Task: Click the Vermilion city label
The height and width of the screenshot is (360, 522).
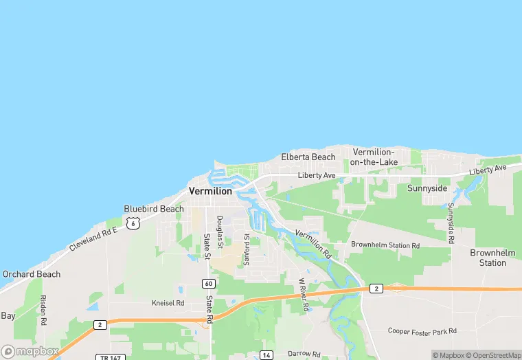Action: pos(210,191)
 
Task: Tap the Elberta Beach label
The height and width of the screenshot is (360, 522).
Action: pos(308,157)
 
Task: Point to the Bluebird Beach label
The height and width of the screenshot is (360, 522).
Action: pos(154,209)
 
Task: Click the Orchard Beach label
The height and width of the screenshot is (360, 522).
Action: pos(31,274)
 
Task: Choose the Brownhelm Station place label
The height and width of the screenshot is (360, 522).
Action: pos(492,258)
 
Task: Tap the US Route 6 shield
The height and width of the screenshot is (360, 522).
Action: pos(133,223)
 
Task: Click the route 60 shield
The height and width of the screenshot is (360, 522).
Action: pos(208,283)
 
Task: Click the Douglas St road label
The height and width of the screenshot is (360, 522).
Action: pos(220,232)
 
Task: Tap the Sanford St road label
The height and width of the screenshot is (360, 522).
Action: pos(247,249)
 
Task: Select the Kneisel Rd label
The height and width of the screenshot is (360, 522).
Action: pos(168,302)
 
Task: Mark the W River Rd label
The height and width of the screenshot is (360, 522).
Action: pos(302,295)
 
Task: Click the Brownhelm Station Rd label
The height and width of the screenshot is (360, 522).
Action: pos(385,245)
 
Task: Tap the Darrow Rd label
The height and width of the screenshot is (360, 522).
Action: pos(304,354)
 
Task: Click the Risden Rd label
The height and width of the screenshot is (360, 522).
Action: pos(43,310)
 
